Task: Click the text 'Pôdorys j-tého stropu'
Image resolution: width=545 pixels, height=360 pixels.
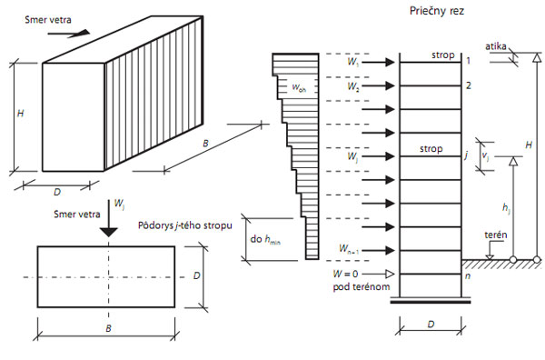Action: point(187,225)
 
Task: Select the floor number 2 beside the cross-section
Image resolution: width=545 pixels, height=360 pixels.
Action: point(469,86)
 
